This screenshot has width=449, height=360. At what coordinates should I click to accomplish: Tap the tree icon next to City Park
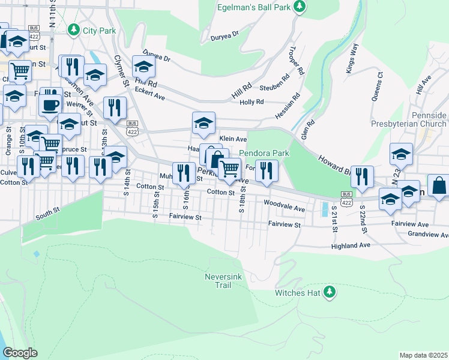(x=74, y=29)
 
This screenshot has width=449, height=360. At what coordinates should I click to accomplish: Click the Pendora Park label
(x=264, y=153)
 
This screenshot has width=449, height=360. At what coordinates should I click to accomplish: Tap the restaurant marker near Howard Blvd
(x=362, y=176)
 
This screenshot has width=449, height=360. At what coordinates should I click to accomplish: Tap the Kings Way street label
(x=352, y=58)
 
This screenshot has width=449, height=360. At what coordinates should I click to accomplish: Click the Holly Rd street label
(x=252, y=102)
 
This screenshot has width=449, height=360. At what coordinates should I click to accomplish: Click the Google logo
(x=20, y=353)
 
